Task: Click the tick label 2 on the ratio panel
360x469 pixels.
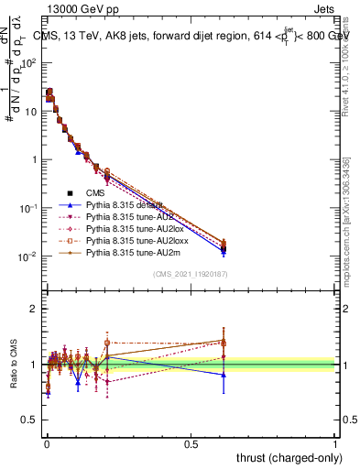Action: [32, 309]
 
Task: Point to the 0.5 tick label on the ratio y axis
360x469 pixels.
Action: [27, 421]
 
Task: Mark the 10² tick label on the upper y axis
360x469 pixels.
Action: [27, 62]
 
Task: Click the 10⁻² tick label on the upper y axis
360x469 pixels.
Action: [27, 256]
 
